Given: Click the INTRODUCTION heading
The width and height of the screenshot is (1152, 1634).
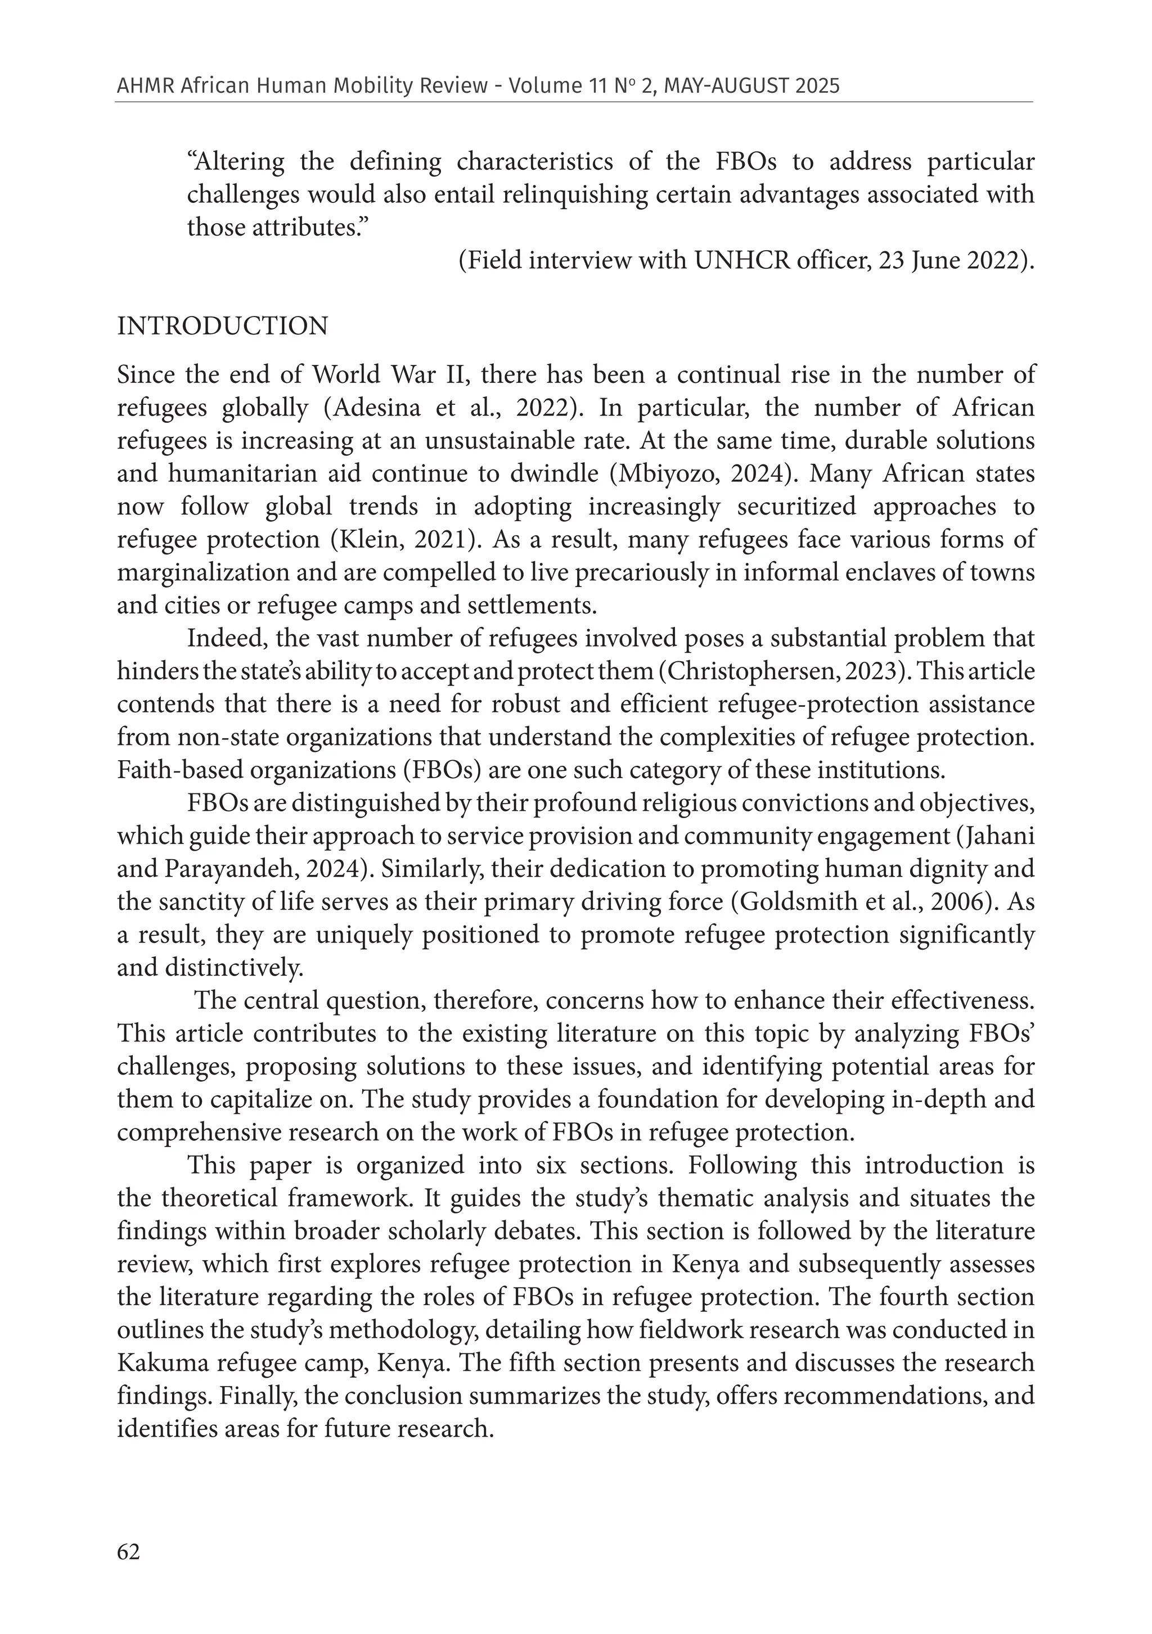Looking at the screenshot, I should (222, 327).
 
